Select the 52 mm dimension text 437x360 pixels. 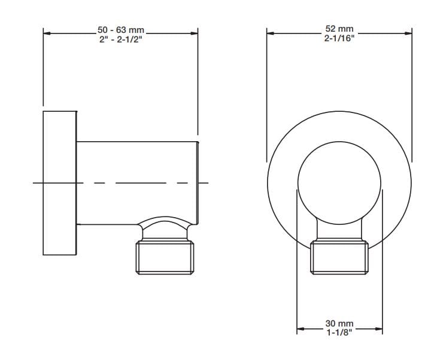[x=339, y=29]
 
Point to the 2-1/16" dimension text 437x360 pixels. [x=339, y=38]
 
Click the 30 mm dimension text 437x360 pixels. [x=339, y=324]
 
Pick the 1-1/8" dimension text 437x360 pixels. [x=339, y=332]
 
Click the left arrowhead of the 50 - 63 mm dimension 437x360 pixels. [x=47, y=34]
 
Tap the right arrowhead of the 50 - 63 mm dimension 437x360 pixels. [x=195, y=34]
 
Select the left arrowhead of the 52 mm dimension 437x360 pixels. [x=270, y=34]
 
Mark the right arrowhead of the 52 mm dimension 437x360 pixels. [x=408, y=34]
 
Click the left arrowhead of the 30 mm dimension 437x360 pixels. [x=301, y=328]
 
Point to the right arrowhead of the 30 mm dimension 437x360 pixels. [x=379, y=328]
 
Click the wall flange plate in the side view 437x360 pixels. [x=59, y=182]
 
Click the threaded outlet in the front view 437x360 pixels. [x=339, y=257]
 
